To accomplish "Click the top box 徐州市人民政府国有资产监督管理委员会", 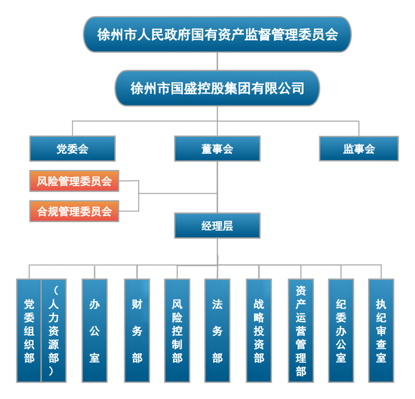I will [217, 34].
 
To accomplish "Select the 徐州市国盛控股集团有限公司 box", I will [217, 88].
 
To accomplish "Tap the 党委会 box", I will [72, 149].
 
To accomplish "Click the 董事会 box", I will [217, 149].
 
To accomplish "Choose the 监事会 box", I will [358, 149].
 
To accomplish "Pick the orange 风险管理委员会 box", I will [74, 181].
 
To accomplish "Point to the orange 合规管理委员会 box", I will [74, 211].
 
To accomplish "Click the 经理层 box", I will [217, 226].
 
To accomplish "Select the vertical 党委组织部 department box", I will [29, 330].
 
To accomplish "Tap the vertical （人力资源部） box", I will [54, 330].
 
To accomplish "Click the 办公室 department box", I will [94, 330].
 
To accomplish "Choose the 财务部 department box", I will [137, 330].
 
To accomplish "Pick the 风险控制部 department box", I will [177, 330].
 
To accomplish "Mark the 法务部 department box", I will [217, 330].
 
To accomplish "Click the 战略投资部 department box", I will [259, 330].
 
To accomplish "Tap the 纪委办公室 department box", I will [341, 330].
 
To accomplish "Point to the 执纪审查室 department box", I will [381, 330].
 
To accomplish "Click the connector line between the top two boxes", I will [217, 61].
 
